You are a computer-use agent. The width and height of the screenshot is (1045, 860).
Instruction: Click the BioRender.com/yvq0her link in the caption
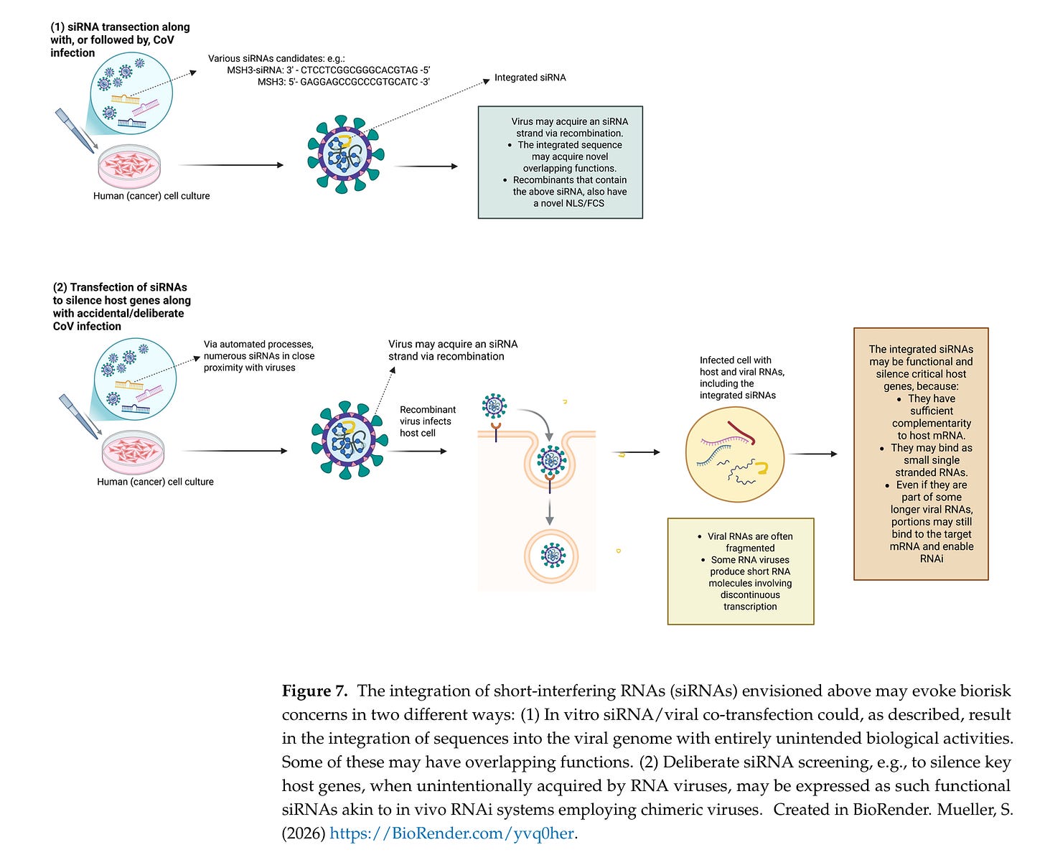(x=451, y=833)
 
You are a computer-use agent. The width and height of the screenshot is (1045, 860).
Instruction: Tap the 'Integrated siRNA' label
(x=530, y=78)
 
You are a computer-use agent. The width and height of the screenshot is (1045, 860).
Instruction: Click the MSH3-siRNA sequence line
(x=328, y=70)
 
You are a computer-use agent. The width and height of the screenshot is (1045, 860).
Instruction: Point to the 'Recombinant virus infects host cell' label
(x=427, y=421)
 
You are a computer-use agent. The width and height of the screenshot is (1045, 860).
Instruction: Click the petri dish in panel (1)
(x=130, y=165)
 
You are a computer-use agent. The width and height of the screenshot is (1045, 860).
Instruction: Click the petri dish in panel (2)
(x=133, y=451)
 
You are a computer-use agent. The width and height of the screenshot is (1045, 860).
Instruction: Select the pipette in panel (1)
(x=75, y=129)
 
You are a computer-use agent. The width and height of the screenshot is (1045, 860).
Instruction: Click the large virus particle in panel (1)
(x=345, y=154)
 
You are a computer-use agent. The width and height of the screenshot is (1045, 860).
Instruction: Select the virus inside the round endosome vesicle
(x=550, y=555)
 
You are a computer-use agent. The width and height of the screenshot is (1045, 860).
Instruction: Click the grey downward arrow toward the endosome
(x=550, y=510)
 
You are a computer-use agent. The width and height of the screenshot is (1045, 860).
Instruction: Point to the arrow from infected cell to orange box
(x=813, y=454)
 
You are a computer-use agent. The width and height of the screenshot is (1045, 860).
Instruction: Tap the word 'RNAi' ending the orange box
(x=932, y=558)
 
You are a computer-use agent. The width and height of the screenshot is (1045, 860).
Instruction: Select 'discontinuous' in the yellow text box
(x=750, y=595)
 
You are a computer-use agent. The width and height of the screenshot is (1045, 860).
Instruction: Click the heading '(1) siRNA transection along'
(x=120, y=27)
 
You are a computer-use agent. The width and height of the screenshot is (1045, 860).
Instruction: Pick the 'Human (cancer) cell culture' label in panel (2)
(x=155, y=482)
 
